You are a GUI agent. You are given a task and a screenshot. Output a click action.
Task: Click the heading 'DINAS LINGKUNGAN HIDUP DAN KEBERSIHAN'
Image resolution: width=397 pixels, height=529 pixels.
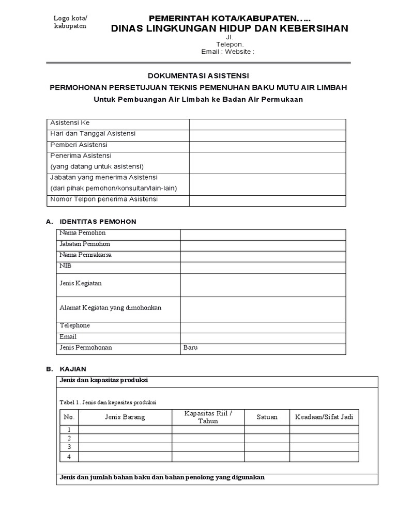tap(230, 28)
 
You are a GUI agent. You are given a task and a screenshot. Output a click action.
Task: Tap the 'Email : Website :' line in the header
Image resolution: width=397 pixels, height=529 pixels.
tap(228, 52)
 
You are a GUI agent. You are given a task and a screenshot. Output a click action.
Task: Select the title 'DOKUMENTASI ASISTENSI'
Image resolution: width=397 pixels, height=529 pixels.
tap(198, 74)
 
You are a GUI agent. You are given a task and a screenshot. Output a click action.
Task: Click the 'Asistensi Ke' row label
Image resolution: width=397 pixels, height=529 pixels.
tap(70, 123)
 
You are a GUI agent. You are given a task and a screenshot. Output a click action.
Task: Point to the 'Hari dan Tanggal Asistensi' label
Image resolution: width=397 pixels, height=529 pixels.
tap(93, 134)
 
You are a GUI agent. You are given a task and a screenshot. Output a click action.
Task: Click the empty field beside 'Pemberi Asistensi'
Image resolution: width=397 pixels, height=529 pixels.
tap(267, 146)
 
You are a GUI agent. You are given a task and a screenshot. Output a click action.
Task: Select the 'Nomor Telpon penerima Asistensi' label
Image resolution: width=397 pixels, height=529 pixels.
tap(104, 199)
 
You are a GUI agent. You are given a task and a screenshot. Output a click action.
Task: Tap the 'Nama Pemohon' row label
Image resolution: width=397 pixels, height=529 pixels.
tap(83, 233)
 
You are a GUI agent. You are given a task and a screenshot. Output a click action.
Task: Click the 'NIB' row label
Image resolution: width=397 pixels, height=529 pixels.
tap(66, 266)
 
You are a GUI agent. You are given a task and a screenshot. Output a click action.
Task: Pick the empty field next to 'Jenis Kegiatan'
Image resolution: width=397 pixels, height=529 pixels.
tap(263, 285)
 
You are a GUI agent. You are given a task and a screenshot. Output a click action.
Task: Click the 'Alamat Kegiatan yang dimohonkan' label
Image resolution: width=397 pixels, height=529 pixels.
tap(111, 308)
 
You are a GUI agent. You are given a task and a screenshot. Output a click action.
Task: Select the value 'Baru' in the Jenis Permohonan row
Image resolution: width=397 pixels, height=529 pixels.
tap(190, 348)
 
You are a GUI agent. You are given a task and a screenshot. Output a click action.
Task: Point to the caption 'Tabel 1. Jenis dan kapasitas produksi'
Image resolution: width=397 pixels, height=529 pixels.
tap(108, 402)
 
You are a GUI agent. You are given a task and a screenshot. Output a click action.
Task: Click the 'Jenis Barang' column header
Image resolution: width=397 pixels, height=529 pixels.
tap(125, 417)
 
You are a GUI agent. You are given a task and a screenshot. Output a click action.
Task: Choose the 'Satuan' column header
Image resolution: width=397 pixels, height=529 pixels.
tap(267, 417)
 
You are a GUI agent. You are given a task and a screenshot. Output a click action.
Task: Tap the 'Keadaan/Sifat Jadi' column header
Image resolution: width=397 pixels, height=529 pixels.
tap(324, 417)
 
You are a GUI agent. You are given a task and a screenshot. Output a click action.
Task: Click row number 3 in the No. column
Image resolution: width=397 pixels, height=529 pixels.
tap(69, 447)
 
